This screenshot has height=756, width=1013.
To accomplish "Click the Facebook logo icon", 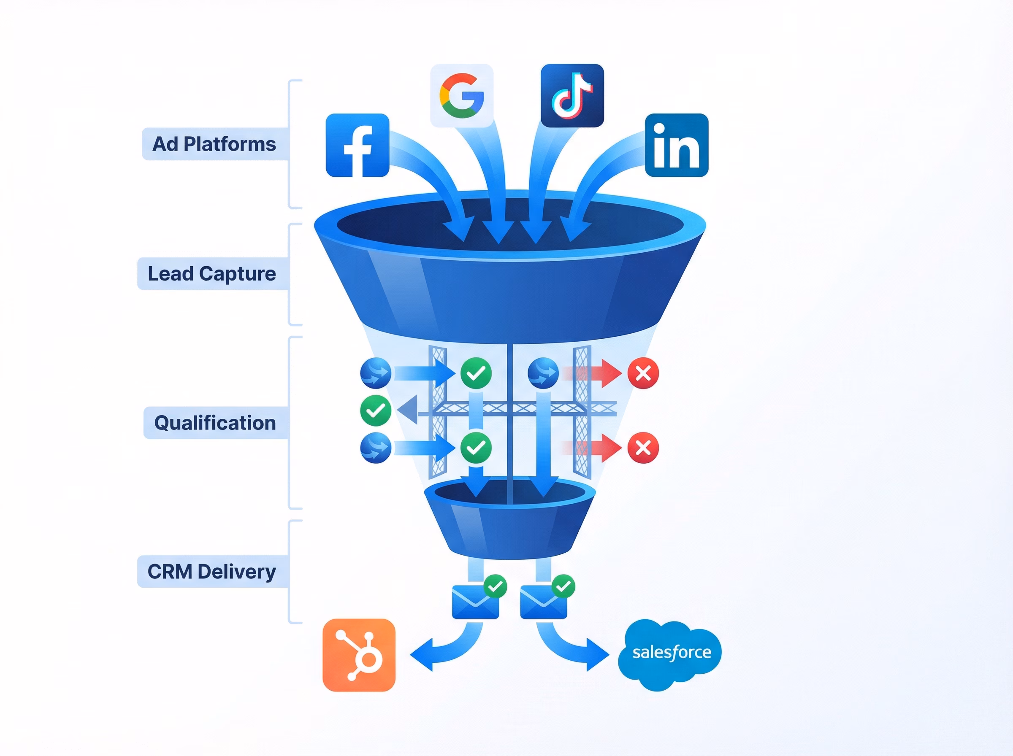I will [x=357, y=145].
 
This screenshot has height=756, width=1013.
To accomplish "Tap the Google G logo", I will [x=461, y=96].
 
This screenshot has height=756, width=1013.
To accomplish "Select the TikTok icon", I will [x=572, y=96].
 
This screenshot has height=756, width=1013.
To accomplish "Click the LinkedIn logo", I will [x=676, y=145].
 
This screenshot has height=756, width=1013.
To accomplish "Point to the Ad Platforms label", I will [x=214, y=144].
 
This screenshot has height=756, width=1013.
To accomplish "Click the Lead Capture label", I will [x=212, y=274].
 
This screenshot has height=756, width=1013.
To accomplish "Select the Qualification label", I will [x=215, y=423].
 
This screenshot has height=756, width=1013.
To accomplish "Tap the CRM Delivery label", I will [x=212, y=572].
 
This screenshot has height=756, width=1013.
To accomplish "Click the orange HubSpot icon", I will [x=359, y=655].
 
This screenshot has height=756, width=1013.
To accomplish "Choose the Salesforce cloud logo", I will [x=670, y=653].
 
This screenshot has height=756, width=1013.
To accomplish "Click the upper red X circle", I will [x=643, y=373].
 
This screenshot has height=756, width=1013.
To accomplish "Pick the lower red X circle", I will [x=643, y=448].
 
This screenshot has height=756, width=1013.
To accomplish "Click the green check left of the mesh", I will [x=375, y=410].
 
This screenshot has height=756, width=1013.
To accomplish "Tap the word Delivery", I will [x=237, y=572].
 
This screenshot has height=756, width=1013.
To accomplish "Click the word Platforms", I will [x=230, y=144].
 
